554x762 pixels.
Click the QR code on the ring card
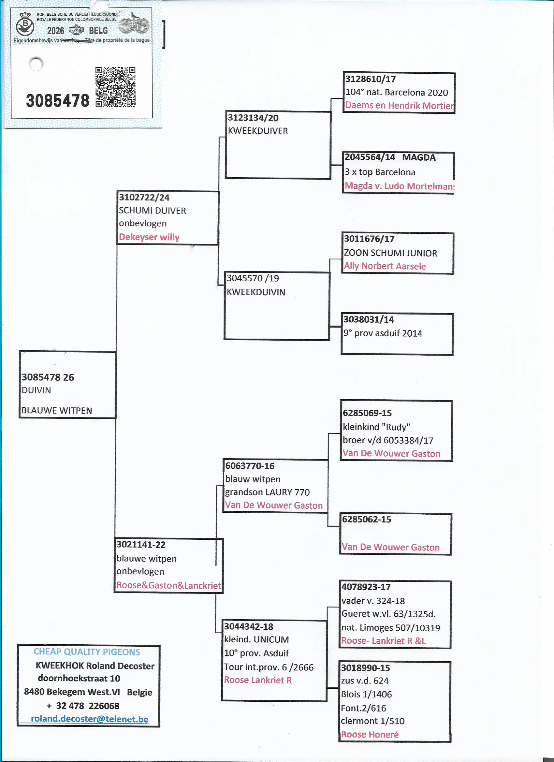click(x=115, y=87)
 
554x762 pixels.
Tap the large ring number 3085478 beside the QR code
click(x=57, y=100)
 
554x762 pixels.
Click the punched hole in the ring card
click(x=36, y=64)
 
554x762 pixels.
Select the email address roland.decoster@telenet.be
click(x=89, y=719)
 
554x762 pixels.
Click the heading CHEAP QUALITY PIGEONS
click(x=87, y=652)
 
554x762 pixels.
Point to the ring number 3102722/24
click(x=144, y=197)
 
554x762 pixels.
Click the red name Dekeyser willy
click(x=149, y=237)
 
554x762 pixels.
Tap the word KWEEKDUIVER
click(x=258, y=131)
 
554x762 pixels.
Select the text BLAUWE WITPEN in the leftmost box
click(x=57, y=410)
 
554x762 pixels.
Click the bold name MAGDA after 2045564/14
click(x=419, y=157)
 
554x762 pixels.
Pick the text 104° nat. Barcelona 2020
click(x=396, y=92)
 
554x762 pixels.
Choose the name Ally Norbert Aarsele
click(x=385, y=266)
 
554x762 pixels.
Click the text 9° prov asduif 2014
click(x=383, y=333)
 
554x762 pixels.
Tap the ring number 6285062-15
click(x=366, y=519)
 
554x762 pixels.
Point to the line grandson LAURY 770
click(x=267, y=492)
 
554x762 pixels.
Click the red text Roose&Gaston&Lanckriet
click(x=169, y=585)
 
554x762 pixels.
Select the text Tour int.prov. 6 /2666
click(x=269, y=667)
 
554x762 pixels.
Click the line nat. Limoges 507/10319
click(x=391, y=627)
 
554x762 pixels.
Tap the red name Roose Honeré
click(x=370, y=734)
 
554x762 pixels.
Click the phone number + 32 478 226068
click(x=83, y=706)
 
